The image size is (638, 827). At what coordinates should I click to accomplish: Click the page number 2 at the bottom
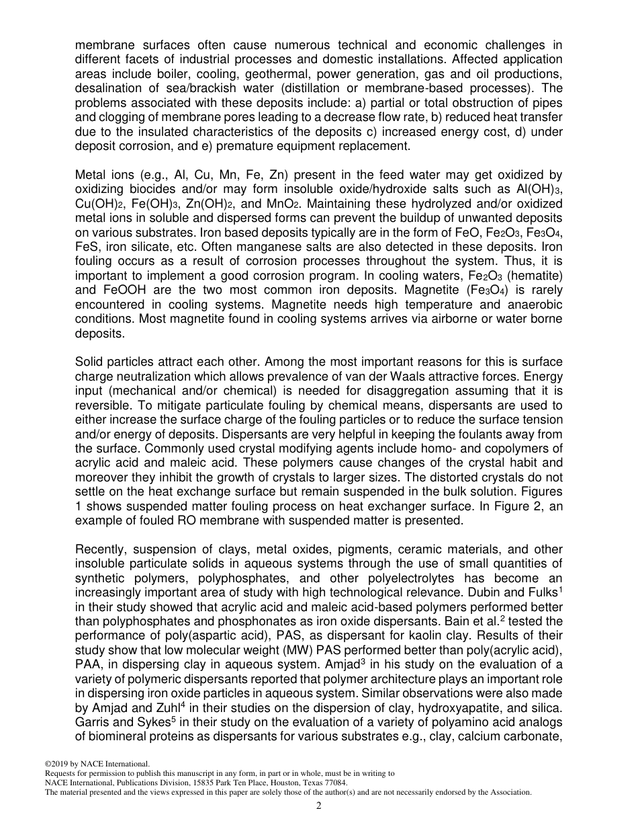tap(319, 806)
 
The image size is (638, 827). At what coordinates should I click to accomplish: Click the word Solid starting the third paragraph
tap(90, 362)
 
